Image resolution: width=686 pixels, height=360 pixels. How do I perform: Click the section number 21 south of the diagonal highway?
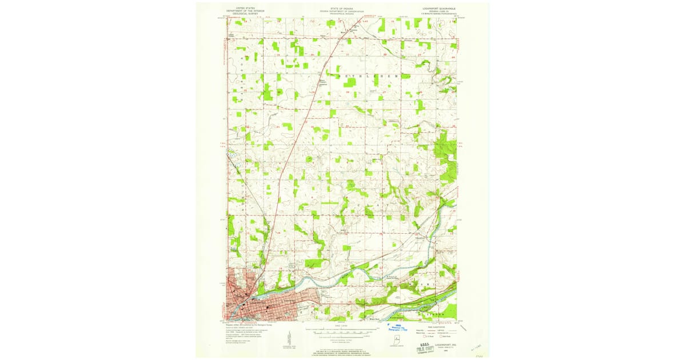[348, 55]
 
